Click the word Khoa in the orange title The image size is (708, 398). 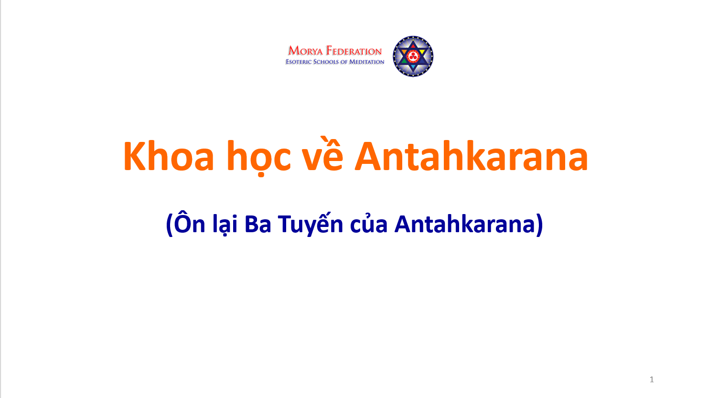tap(169, 156)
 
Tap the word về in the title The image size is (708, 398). tap(322, 154)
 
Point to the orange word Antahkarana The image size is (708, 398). tap(471, 156)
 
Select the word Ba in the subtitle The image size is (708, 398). tap(258, 224)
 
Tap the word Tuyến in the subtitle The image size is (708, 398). tap(311, 224)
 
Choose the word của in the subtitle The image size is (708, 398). tap(369, 223)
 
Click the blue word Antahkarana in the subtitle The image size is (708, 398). tap(464, 224)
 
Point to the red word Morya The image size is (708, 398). tap(305, 51)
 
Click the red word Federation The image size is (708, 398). tap(354, 51)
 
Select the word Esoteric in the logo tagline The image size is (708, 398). tap(299, 62)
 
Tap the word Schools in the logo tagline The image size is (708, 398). tap(325, 62)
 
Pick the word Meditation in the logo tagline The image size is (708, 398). tap(366, 62)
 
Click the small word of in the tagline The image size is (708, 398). tap(343, 62)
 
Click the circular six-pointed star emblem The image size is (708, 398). tap(413, 56)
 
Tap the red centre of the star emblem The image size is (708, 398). tap(412, 56)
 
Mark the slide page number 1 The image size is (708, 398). tap(652, 379)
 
